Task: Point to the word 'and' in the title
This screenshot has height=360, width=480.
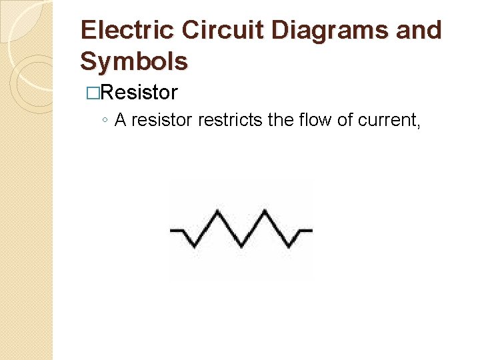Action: pyautogui.click(x=419, y=31)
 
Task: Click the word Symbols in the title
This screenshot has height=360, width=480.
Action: pyautogui.click(x=133, y=61)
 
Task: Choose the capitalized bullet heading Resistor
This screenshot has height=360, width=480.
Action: pyautogui.click(x=140, y=93)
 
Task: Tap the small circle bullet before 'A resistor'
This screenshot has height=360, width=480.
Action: pyautogui.click(x=106, y=121)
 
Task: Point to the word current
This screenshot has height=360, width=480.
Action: pyautogui.click(x=389, y=121)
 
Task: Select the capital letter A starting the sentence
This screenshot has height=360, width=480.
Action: pyautogui.click(x=121, y=120)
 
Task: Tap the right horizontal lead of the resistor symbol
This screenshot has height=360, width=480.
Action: pyautogui.click(x=305, y=230)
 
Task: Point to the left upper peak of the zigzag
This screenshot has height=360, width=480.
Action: pyautogui.click(x=217, y=212)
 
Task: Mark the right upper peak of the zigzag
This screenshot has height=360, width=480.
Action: pyautogui.click(x=265, y=212)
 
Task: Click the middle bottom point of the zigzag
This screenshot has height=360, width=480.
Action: pyautogui.click(x=241, y=247)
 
